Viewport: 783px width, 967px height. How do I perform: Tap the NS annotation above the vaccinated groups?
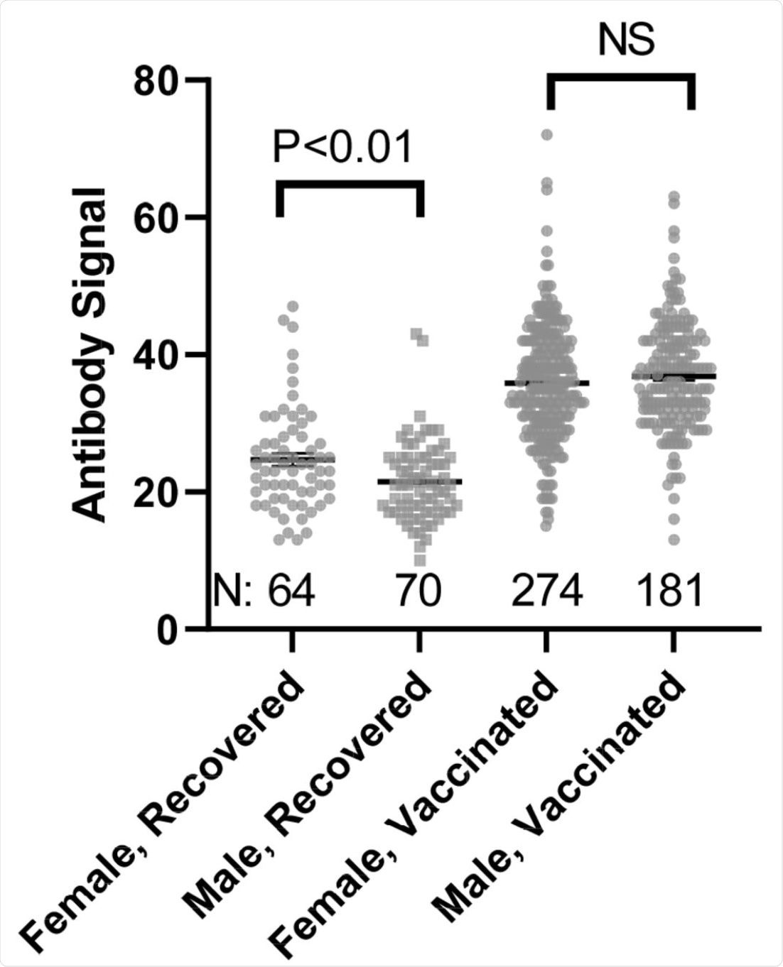[x=625, y=41]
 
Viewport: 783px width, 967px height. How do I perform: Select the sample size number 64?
[x=291, y=591]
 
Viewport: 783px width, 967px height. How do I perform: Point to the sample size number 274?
[x=546, y=591]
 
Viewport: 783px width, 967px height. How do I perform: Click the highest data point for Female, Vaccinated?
[x=546, y=134]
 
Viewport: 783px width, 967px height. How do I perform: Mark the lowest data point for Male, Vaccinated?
[x=674, y=540]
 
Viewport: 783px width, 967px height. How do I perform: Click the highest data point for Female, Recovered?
[x=292, y=306]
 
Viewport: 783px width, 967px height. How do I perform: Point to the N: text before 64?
[x=233, y=591]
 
